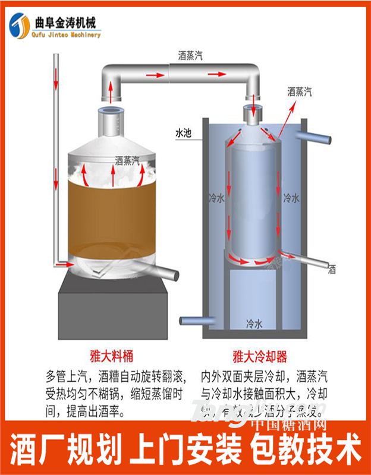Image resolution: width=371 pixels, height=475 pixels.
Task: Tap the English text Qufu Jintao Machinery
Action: click(68, 34)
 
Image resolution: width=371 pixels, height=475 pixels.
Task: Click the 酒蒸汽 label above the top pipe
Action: click(190, 56)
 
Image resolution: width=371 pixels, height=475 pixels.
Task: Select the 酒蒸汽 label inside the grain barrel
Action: click(127, 160)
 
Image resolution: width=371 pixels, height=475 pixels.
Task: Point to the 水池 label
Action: click(183, 133)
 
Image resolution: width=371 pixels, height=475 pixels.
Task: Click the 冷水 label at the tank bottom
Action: click(254, 324)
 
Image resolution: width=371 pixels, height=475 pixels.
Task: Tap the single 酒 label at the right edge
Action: click(332, 269)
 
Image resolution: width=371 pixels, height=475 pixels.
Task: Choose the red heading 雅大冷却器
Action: click(260, 357)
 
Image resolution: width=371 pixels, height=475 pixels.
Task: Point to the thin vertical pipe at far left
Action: click(55, 154)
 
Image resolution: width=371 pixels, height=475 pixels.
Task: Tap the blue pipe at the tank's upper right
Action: click(315, 138)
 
